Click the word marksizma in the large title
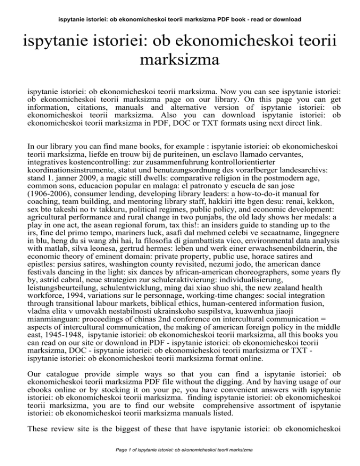[x=180, y=60]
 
